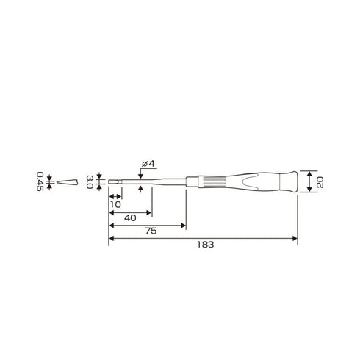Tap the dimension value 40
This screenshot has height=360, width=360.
[x=129, y=219]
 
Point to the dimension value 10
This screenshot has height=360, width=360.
[x=115, y=205]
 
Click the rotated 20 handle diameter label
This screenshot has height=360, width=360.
[x=320, y=181]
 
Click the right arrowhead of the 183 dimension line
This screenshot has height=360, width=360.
[x=295, y=240]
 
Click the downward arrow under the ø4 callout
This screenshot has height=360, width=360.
[x=140, y=175]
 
